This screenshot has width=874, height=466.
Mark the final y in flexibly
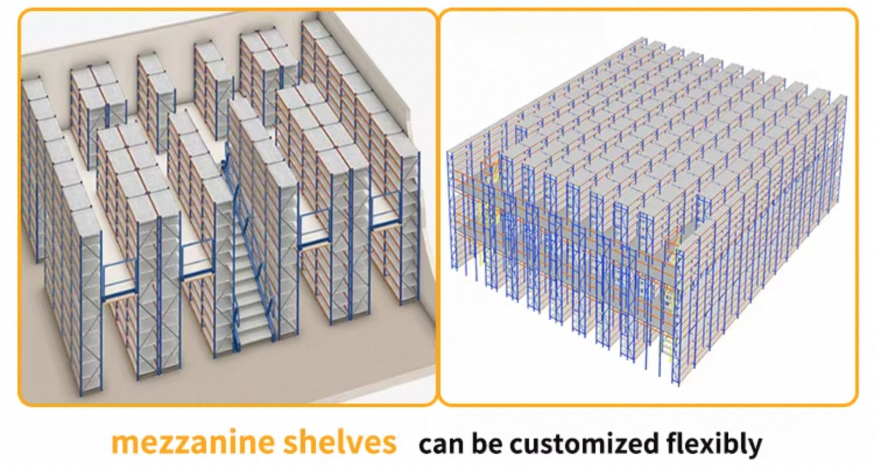753,449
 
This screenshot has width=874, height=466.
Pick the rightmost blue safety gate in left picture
386,213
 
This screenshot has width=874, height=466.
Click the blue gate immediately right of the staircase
315,230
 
